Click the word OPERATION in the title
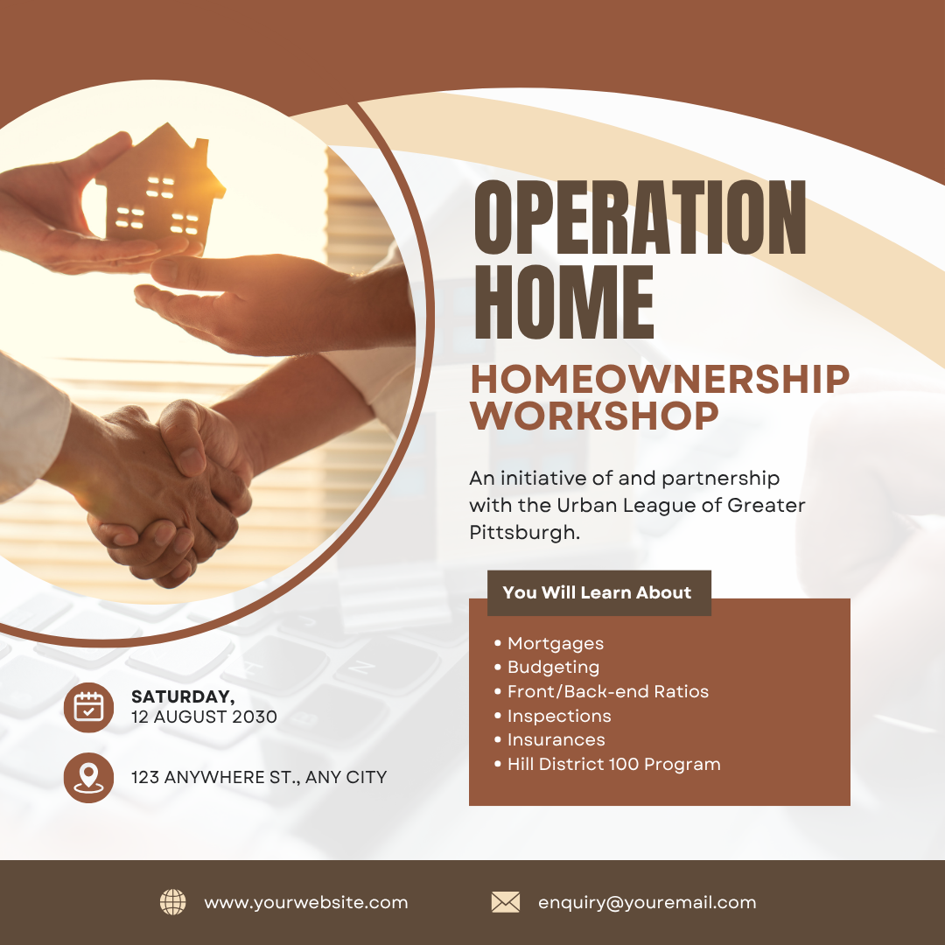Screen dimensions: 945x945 click(640, 217)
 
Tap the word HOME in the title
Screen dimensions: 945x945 click(564, 302)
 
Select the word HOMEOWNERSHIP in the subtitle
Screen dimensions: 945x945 click(660, 379)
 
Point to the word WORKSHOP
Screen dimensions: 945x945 click(595, 416)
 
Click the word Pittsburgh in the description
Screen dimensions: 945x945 click(524, 533)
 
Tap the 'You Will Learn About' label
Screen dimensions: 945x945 click(597, 592)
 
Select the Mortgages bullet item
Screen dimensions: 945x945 click(555, 644)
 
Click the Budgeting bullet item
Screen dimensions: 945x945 click(553, 668)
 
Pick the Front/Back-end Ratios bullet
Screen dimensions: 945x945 click(608, 691)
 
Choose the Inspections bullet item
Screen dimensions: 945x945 click(559, 716)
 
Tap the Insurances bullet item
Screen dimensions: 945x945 click(556, 739)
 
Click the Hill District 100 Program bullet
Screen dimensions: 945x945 click(614, 764)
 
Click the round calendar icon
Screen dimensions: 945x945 click(88, 708)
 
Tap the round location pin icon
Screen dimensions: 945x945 click(88, 778)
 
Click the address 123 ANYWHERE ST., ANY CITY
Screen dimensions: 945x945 click(259, 778)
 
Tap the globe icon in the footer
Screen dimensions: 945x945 click(173, 902)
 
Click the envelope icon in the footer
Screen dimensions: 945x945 click(506, 902)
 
